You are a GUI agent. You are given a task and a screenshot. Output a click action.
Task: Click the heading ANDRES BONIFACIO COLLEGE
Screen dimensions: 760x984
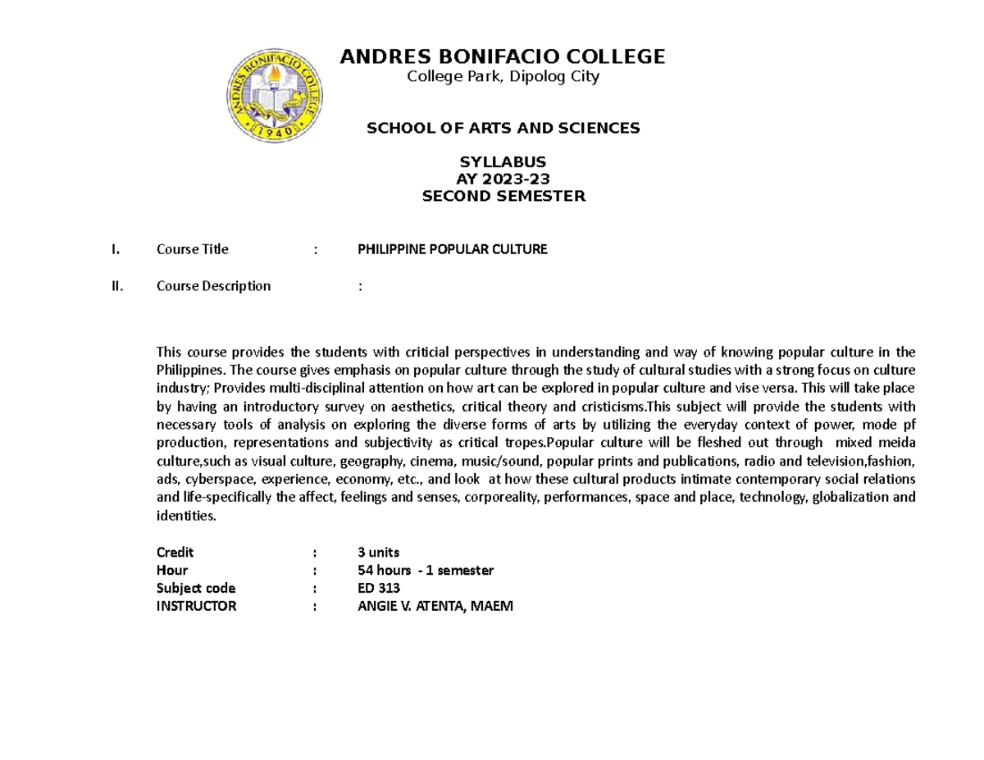click(503, 57)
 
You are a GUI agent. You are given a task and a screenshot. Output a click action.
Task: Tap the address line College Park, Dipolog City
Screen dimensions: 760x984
click(503, 77)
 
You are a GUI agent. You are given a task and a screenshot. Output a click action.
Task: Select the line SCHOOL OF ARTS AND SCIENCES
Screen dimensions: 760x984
click(503, 128)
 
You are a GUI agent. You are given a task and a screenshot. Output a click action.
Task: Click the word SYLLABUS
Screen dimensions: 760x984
click(503, 162)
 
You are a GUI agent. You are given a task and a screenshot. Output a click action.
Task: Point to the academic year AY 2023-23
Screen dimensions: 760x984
click(503, 180)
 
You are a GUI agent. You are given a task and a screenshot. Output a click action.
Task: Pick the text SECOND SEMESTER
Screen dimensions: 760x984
click(503, 196)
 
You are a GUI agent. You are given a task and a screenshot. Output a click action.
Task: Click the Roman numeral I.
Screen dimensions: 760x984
click(116, 249)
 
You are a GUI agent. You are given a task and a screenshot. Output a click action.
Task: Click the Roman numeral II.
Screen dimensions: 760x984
click(117, 286)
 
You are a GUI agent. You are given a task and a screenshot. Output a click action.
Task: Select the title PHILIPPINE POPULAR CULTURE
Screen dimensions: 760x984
click(452, 249)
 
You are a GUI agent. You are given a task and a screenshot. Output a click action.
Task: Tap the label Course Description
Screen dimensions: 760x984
click(213, 286)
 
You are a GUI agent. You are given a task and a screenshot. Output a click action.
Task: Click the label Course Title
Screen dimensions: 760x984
click(193, 249)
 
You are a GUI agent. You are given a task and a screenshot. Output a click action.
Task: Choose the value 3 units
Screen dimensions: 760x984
click(379, 552)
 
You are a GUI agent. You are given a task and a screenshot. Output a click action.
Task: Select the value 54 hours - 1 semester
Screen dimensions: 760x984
click(426, 570)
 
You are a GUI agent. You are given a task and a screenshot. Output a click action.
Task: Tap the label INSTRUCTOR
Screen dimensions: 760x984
click(196, 606)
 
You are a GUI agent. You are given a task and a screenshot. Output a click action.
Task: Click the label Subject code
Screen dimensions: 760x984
click(195, 588)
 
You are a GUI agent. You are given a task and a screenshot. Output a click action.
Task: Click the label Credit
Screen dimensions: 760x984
click(175, 552)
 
